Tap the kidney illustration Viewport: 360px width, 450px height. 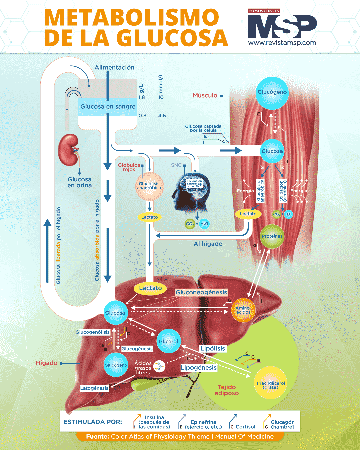tap(69, 150)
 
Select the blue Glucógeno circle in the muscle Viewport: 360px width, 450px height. tap(272, 93)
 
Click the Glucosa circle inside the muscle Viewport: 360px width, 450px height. tap(272, 151)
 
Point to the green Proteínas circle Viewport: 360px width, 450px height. tap(272, 236)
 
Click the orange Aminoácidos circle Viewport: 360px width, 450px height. tap(243, 310)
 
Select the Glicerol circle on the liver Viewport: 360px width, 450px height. tap(168, 341)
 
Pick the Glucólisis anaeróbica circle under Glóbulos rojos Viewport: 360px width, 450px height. tap(149, 186)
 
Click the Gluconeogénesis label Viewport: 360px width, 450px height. tap(201, 292)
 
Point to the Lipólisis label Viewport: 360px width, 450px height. tap(213, 348)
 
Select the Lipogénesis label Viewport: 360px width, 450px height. tap(199, 368)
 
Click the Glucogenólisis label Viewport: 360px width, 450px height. tap(92, 332)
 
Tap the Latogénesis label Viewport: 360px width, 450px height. tap(94, 388)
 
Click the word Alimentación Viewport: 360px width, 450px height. tap(114, 67)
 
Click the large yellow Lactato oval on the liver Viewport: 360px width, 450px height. tap(150, 288)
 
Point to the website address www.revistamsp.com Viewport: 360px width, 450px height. tap(282, 43)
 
